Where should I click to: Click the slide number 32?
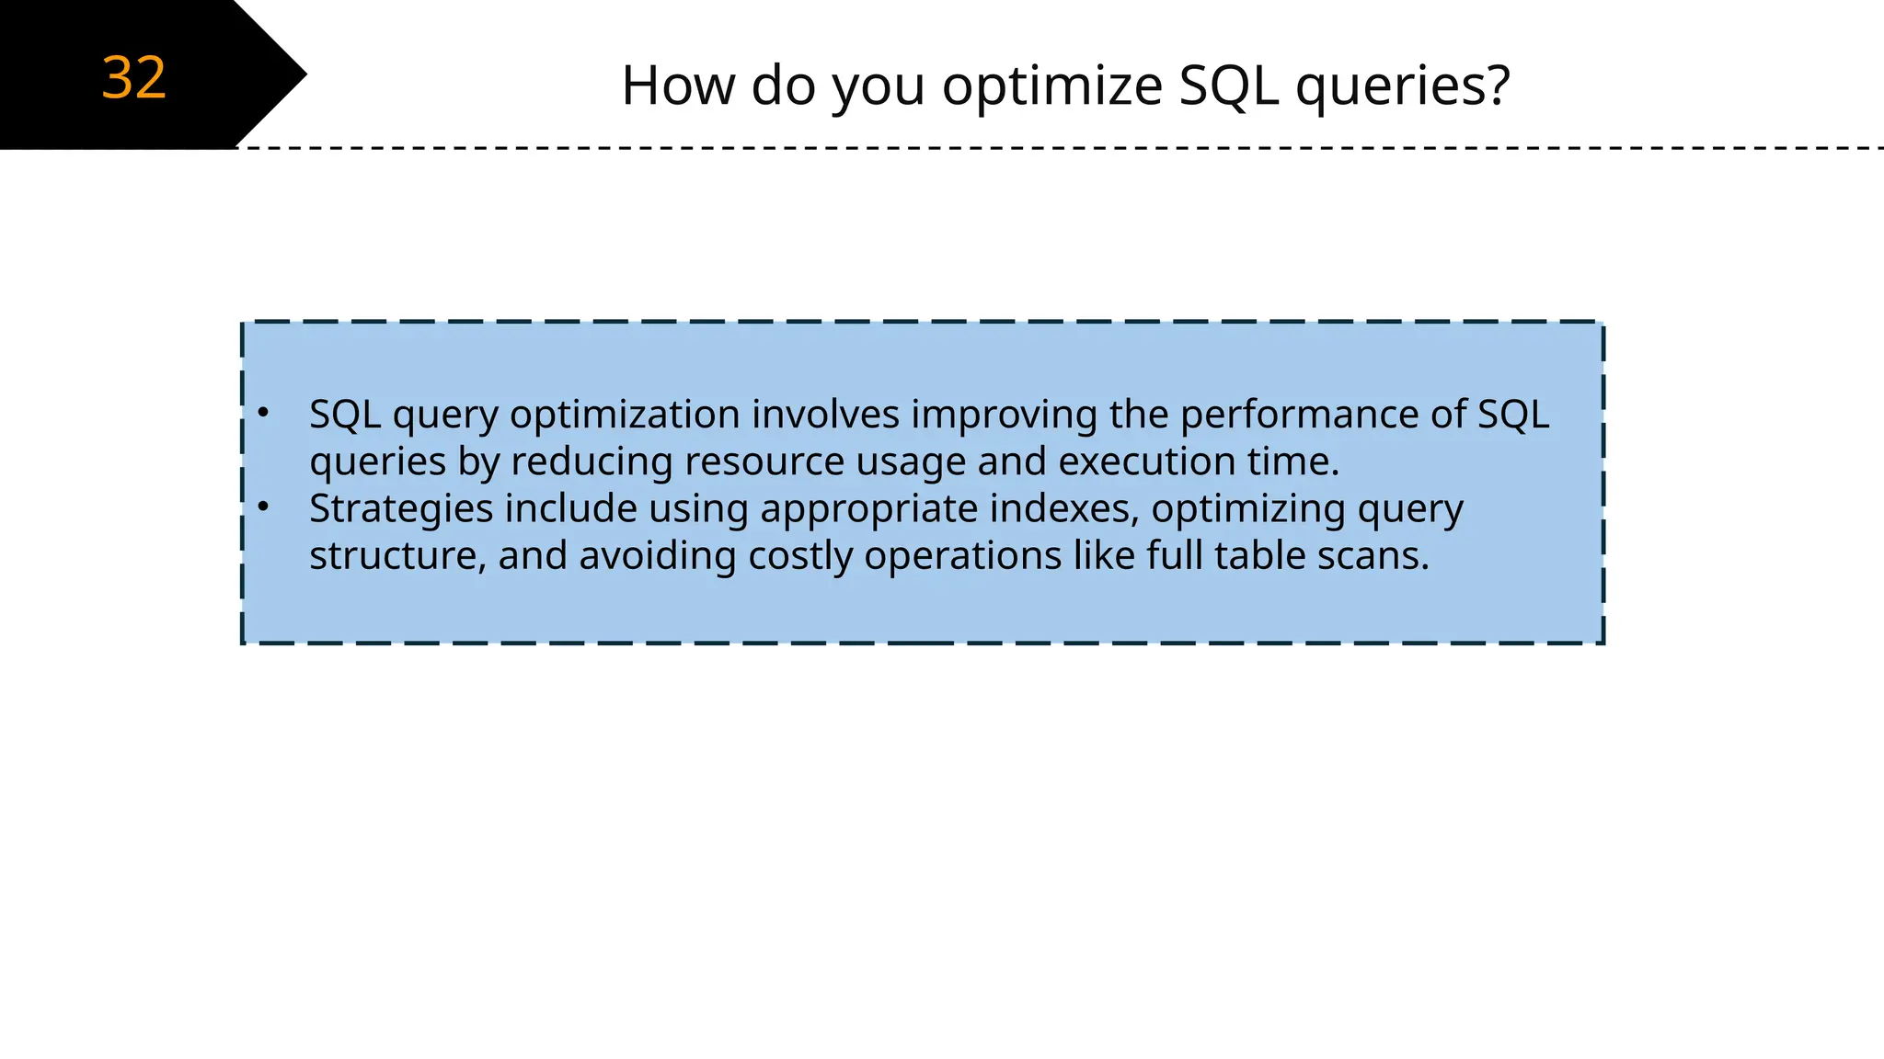click(134, 78)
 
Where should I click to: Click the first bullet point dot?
click(263, 414)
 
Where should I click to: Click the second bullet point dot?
click(263, 507)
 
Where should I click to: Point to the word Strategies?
click(400, 509)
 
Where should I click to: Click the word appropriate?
click(868, 510)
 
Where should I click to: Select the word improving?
click(1005, 416)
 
